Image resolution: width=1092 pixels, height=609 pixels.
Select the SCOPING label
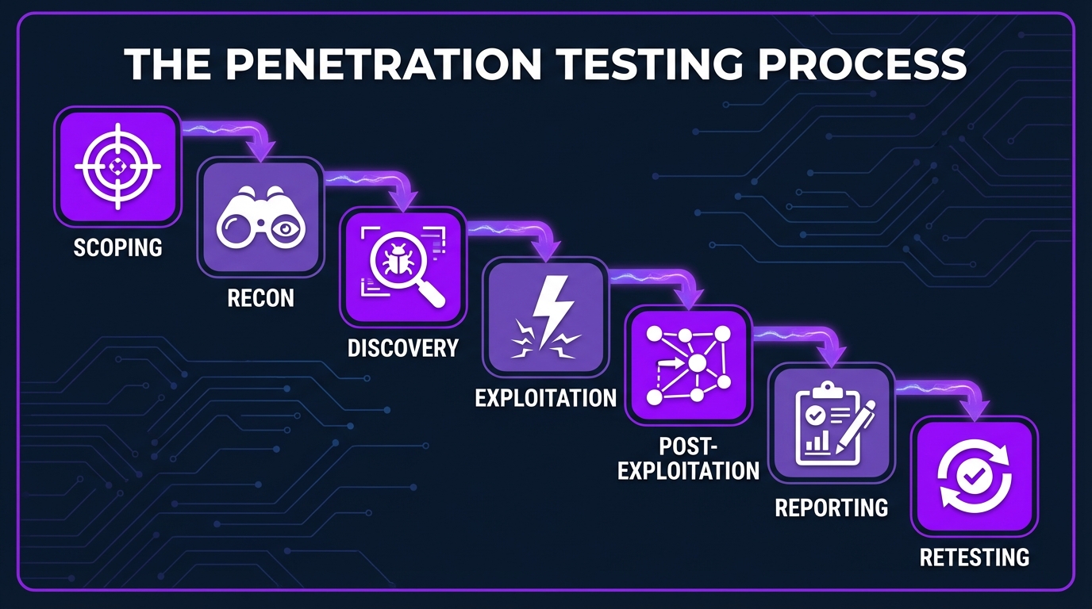pos(117,247)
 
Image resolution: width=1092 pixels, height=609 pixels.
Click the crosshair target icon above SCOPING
pos(117,167)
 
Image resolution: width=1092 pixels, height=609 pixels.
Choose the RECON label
pos(260,298)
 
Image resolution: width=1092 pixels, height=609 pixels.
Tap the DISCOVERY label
pos(403,347)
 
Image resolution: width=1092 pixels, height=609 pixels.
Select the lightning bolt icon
pos(547,315)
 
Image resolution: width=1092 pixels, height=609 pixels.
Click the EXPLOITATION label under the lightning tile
pos(545,396)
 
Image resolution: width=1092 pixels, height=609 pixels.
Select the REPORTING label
pos(831,507)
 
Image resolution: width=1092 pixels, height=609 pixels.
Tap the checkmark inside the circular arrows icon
pos(974,476)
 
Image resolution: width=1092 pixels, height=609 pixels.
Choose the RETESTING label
pos(974,557)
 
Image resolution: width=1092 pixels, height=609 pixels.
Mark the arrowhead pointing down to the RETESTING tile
pos(975,409)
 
